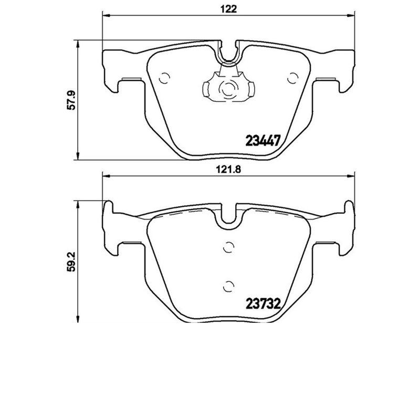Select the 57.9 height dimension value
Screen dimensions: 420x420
coord(73,100)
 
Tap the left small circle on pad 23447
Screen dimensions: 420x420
coord(164,78)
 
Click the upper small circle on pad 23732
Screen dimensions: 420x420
coord(228,246)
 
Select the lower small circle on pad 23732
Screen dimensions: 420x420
coord(228,286)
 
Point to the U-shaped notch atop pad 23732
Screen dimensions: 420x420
coord(228,215)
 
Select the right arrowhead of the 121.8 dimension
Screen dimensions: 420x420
coord(355,177)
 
